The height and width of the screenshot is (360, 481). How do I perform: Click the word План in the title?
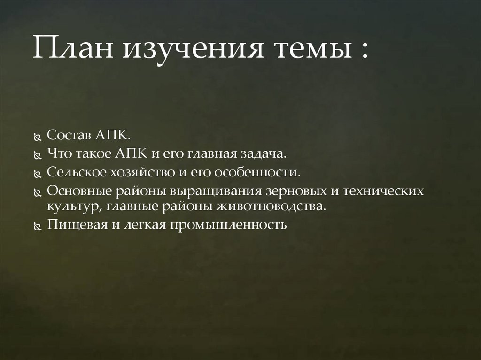pos(71,49)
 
